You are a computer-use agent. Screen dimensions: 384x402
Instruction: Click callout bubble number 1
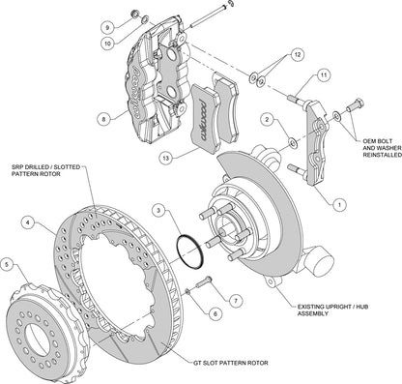(339, 204)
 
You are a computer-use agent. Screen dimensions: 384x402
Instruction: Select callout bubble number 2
(264, 119)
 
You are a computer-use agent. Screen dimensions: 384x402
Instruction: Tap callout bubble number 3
(157, 208)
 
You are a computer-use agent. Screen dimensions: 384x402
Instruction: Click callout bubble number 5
(10, 263)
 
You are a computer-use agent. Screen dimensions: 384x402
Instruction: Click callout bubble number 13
(167, 157)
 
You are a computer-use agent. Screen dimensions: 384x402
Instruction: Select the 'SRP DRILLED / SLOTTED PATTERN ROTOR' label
(43, 171)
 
